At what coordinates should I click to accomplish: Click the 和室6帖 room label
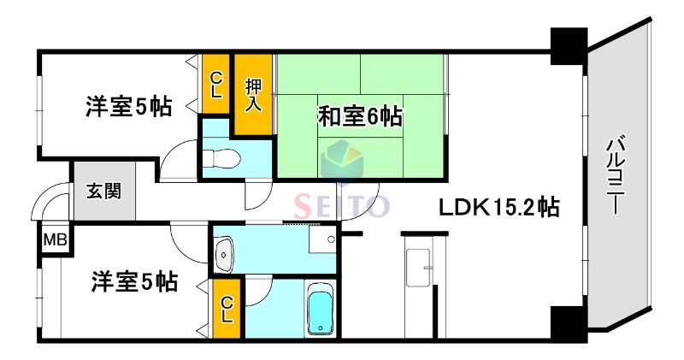click(360, 115)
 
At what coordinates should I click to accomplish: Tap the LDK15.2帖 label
click(500, 206)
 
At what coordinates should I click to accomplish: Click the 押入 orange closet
click(254, 93)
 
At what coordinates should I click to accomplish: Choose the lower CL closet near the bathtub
click(227, 310)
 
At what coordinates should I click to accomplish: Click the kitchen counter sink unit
click(419, 269)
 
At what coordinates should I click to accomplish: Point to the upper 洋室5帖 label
click(128, 107)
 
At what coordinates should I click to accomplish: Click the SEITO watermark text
click(342, 206)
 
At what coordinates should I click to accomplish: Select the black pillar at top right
click(568, 47)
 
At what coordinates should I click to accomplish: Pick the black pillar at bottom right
click(568, 322)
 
